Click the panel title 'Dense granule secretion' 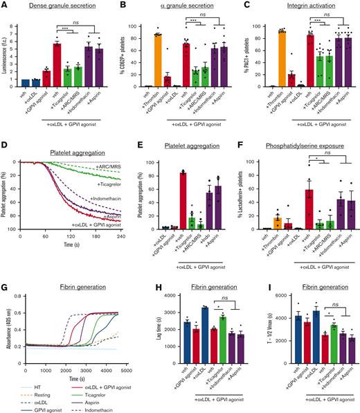tap(60, 6)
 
